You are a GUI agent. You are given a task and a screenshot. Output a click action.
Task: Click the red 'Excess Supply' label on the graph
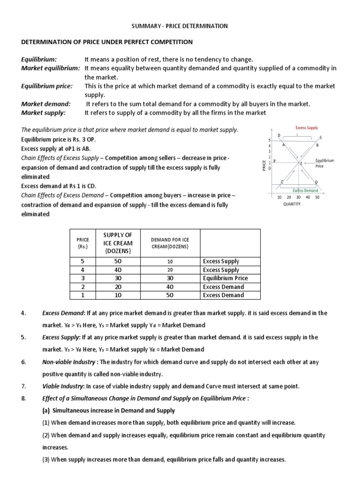(307, 127)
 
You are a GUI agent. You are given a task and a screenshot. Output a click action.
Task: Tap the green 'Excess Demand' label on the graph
(305, 190)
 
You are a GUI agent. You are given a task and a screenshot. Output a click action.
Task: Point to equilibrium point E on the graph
(301, 163)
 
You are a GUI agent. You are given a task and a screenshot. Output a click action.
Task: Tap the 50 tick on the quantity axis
(317, 197)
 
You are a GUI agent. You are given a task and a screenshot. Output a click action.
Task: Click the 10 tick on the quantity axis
(279, 197)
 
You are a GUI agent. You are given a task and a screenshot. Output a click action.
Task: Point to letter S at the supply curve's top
(321, 137)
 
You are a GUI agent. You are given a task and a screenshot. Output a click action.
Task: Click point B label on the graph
(317, 145)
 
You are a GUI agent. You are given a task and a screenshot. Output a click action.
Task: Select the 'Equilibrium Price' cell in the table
(225, 278)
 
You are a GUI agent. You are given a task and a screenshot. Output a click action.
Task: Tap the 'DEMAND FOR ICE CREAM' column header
(170, 243)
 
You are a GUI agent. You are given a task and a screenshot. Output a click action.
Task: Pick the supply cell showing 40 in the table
(118, 270)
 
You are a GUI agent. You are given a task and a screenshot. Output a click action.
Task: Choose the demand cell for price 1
(170, 295)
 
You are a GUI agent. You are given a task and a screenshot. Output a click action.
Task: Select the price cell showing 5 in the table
(83, 261)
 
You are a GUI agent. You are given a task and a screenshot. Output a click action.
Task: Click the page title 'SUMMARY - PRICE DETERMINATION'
(180, 26)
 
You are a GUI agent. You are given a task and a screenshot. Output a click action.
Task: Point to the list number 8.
(24, 398)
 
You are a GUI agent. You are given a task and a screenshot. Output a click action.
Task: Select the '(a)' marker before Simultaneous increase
(46, 410)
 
